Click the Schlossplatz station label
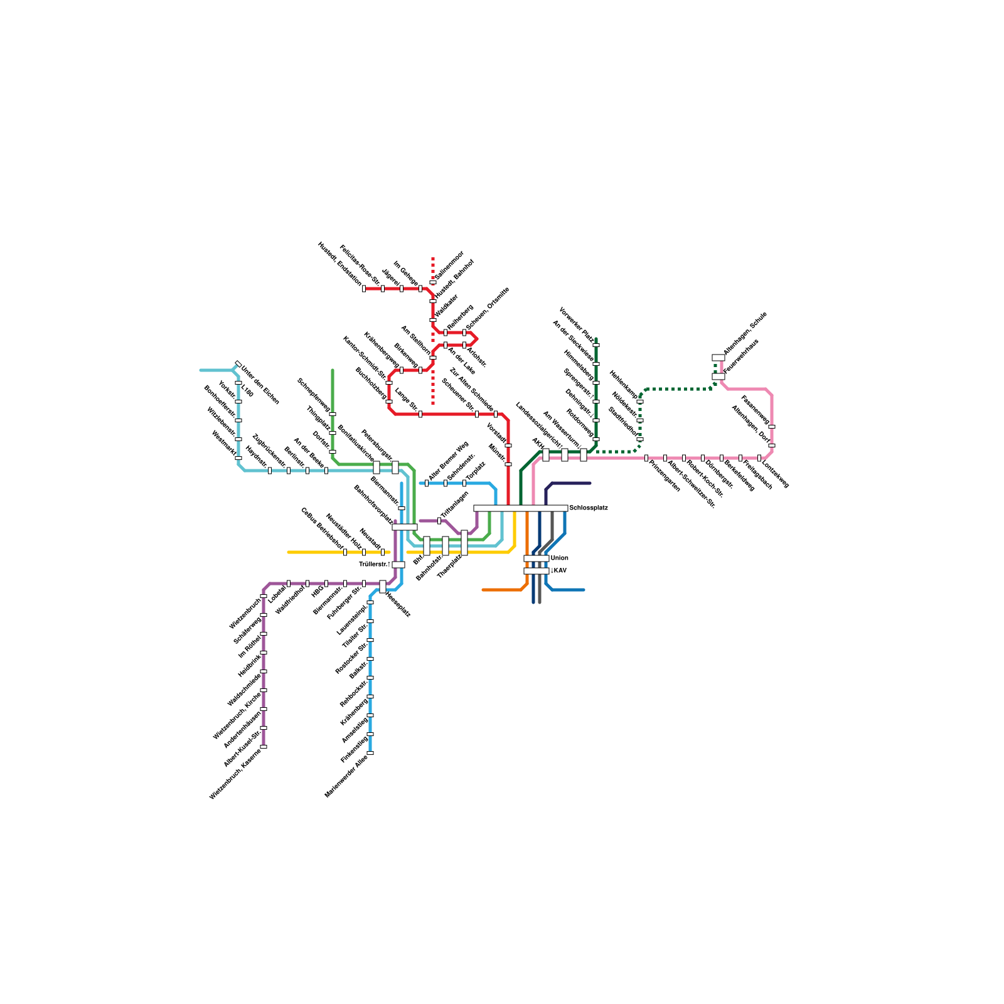(x=588, y=508)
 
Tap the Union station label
(x=559, y=558)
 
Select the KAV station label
(x=559, y=571)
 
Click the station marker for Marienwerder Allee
(x=370, y=753)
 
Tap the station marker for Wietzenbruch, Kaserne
(x=264, y=747)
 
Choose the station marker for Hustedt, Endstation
(x=364, y=289)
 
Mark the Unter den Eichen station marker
(x=238, y=364)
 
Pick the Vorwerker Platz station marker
(x=596, y=345)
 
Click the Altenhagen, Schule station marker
(x=718, y=358)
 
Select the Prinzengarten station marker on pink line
(x=646, y=458)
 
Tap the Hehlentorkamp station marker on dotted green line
(x=640, y=402)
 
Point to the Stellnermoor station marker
(x=433, y=282)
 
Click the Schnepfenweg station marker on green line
(x=333, y=414)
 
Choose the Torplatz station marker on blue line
(x=464, y=483)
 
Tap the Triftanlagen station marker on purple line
(x=439, y=521)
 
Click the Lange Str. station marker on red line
(x=420, y=414)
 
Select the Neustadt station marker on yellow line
(x=383, y=552)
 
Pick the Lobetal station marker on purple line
(x=289, y=584)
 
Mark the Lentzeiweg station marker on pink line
(x=759, y=458)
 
